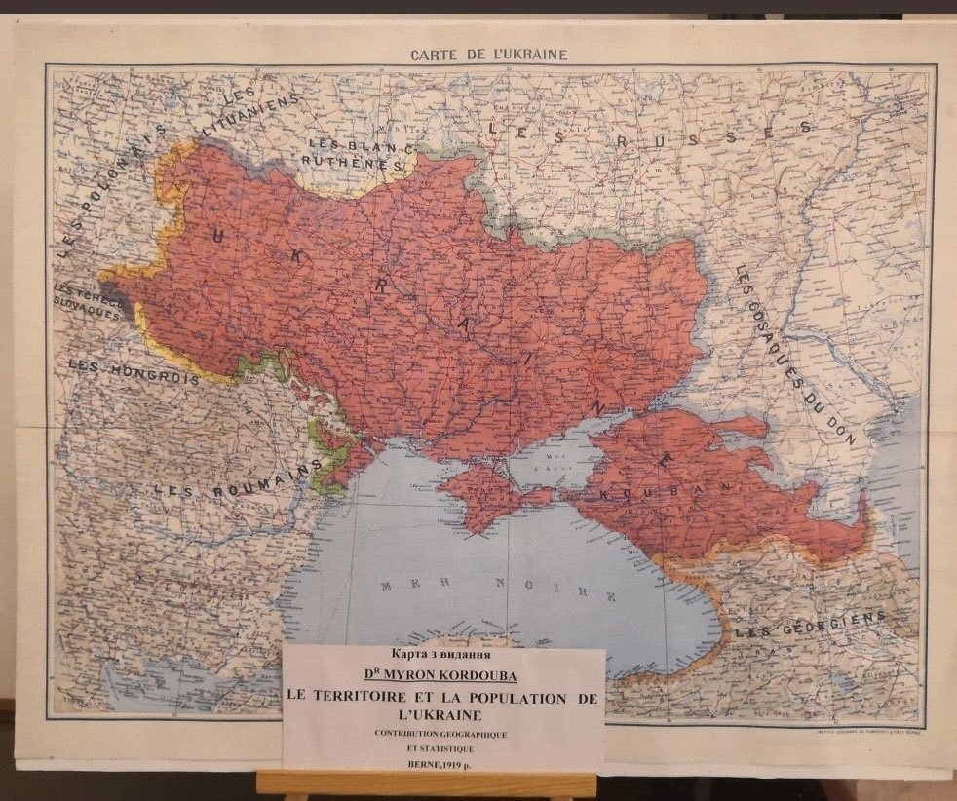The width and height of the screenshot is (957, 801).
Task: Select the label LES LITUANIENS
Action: coord(255,115)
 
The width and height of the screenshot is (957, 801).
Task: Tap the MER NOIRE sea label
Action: coord(498,589)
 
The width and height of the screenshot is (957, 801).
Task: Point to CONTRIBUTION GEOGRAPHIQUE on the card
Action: coord(442,729)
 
